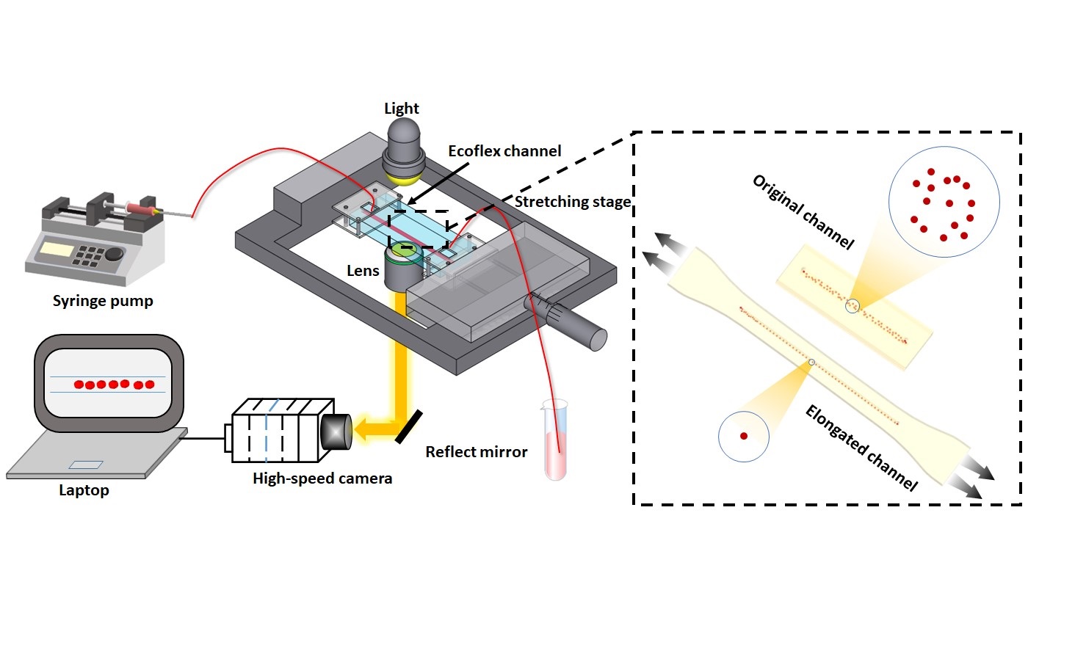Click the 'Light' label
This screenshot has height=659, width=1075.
(402, 109)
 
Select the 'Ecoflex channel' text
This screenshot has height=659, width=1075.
(504, 151)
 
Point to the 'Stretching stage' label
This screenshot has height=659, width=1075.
(572, 202)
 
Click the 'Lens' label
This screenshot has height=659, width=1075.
(363, 271)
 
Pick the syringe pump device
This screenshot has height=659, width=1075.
(95, 239)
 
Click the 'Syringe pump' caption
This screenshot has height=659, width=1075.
(103, 301)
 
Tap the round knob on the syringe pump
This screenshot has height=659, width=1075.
(115, 254)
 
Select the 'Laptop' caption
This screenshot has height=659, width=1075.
(84, 490)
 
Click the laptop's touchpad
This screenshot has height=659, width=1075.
(86, 465)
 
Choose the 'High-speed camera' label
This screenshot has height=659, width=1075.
(322, 478)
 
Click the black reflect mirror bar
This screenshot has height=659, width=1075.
(408, 426)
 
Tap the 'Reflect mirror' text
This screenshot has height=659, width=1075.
(477, 452)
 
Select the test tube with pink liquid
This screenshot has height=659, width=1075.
(555, 440)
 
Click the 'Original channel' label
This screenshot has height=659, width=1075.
(803, 212)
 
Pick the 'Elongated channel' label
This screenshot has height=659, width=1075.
(861, 448)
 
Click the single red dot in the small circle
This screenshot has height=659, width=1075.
(744, 436)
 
